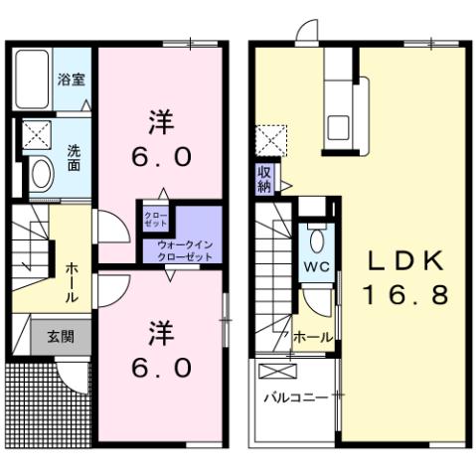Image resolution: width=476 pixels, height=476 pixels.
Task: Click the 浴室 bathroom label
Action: (x=69, y=79)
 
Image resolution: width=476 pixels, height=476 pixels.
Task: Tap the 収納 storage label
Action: (x=265, y=180)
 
